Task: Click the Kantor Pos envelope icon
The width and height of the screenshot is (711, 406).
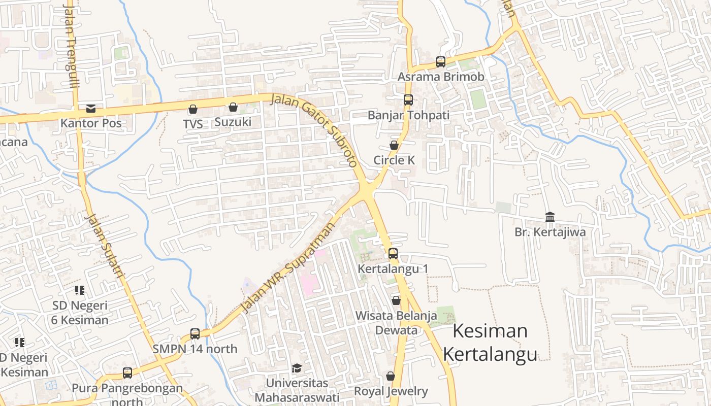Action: (x=91, y=108)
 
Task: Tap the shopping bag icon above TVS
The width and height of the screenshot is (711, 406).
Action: (x=193, y=109)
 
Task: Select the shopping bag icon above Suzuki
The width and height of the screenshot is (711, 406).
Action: (x=233, y=107)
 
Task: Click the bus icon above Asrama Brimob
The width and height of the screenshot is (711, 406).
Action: (x=441, y=62)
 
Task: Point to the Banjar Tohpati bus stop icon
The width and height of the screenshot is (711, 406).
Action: (x=408, y=100)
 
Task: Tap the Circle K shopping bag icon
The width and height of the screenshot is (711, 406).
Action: (x=394, y=146)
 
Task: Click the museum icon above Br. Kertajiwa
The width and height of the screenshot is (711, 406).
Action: (x=550, y=217)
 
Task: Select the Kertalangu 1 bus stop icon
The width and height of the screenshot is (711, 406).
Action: (x=393, y=254)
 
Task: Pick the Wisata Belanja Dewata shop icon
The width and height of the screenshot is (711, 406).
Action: (x=396, y=301)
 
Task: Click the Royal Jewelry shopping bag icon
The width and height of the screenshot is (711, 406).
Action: (x=391, y=377)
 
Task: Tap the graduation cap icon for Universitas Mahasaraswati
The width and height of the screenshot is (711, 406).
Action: (x=297, y=368)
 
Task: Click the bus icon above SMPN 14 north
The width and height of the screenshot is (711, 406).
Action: (x=195, y=334)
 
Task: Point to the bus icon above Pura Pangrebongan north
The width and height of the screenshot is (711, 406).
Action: (x=127, y=373)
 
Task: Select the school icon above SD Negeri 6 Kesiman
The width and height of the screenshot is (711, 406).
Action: (x=80, y=290)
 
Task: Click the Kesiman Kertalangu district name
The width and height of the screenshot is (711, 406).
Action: (x=490, y=343)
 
